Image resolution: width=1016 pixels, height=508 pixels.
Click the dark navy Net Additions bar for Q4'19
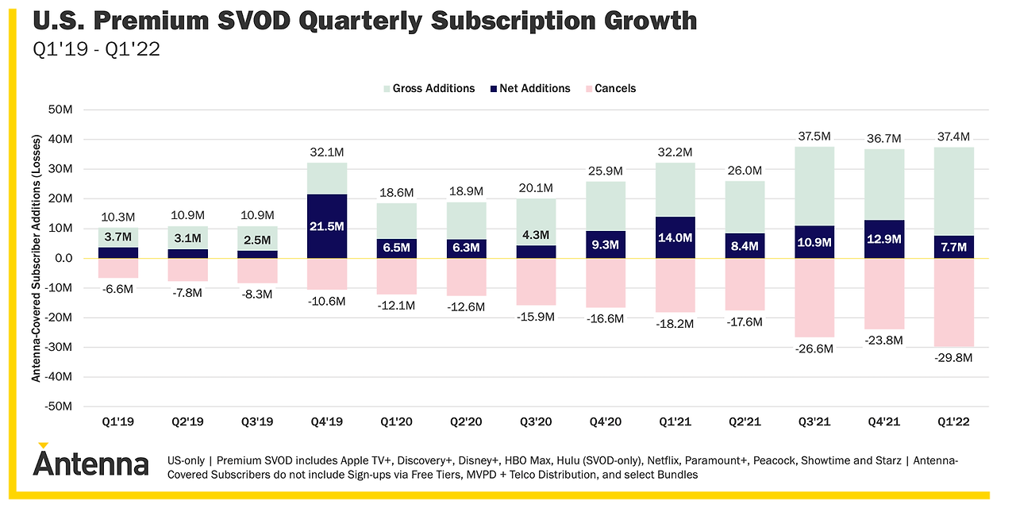[x=327, y=225]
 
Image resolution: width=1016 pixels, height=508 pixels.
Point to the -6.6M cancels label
[x=117, y=288]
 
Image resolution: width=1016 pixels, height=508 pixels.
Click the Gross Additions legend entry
[x=429, y=88]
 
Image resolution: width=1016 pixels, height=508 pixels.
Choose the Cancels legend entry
[x=610, y=88]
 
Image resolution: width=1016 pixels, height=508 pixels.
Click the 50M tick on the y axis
[x=60, y=110]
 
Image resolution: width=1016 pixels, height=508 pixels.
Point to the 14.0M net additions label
[x=674, y=237]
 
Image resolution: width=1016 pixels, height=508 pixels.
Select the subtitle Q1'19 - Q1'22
[x=96, y=50]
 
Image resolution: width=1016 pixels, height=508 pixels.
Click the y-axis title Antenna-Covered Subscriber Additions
[x=37, y=257]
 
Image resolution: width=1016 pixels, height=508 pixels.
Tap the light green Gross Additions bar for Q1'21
[x=674, y=189]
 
